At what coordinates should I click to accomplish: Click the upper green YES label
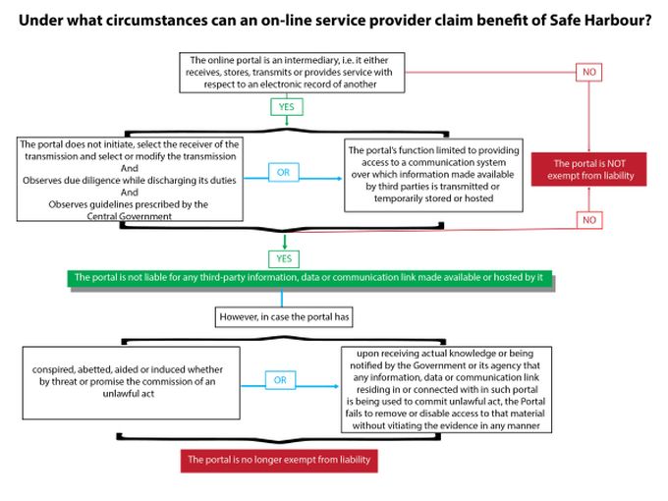(x=284, y=107)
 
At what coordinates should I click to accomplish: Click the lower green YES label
(x=284, y=258)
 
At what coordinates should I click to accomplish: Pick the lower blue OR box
(x=280, y=378)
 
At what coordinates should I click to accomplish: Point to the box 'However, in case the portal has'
(x=282, y=317)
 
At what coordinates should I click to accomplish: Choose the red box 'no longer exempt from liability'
(x=280, y=461)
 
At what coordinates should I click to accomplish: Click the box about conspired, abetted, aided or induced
(x=123, y=379)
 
